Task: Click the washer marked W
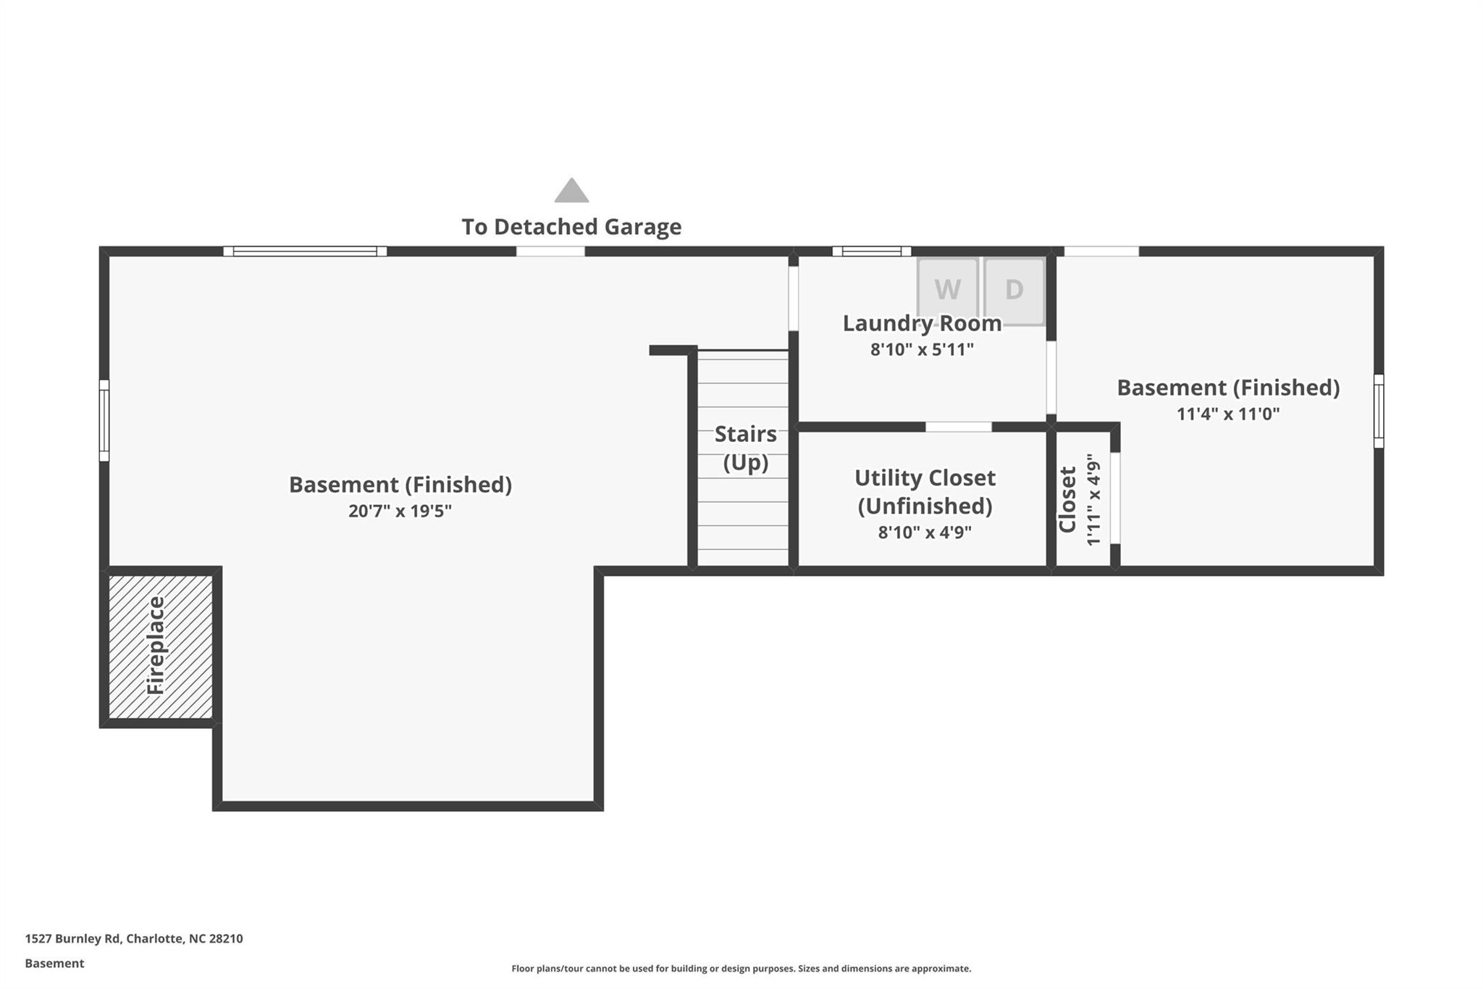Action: (x=947, y=290)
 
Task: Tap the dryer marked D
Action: (x=1014, y=290)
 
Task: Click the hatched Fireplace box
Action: (x=160, y=646)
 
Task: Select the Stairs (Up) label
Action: (x=745, y=448)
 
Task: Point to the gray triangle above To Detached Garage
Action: (x=571, y=191)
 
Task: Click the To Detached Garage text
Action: (x=571, y=227)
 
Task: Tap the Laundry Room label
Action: (x=922, y=323)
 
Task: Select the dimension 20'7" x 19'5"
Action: (x=400, y=511)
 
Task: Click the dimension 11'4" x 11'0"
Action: (x=1228, y=414)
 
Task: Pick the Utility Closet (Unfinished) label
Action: (x=925, y=491)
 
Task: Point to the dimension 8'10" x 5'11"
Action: (x=922, y=349)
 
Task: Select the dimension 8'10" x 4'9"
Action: (x=925, y=533)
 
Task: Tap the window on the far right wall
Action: (x=1378, y=411)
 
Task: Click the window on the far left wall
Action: (x=104, y=420)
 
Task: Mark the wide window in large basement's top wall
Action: (x=305, y=251)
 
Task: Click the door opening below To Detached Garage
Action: (x=550, y=251)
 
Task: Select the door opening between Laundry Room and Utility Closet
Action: (x=958, y=427)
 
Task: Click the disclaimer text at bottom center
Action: (x=741, y=969)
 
